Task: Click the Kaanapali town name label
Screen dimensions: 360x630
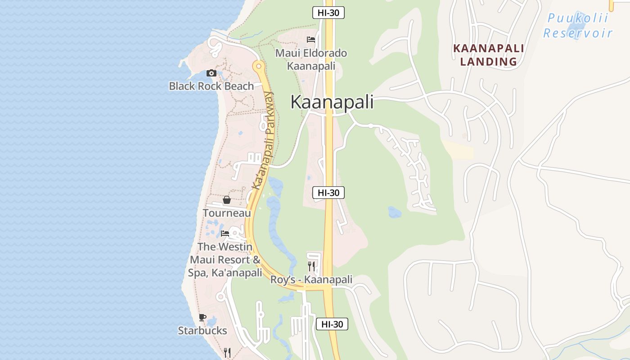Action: click(332, 102)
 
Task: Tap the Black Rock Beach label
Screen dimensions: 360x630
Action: click(211, 86)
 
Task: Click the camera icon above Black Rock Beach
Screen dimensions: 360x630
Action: click(211, 73)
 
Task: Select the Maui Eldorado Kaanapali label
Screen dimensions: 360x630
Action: click(311, 59)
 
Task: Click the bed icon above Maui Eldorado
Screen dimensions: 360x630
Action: click(311, 40)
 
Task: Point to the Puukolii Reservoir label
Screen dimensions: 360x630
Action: click(578, 26)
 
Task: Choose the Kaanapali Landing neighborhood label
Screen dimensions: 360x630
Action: click(488, 55)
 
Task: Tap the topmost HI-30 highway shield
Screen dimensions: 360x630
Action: click(328, 13)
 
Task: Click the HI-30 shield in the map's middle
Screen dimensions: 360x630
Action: click(328, 193)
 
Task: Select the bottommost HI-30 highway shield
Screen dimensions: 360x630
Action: click(332, 324)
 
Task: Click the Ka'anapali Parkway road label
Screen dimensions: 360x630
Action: click(264, 140)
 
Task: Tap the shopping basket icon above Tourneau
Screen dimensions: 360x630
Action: click(227, 200)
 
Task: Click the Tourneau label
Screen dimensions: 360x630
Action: click(227, 213)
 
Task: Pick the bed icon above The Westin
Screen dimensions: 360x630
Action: click(225, 233)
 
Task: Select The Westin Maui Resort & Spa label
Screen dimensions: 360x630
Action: click(225, 260)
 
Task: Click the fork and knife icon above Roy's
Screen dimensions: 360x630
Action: click(311, 266)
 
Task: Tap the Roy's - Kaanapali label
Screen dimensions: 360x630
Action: click(311, 279)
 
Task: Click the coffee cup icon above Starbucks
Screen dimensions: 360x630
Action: click(202, 318)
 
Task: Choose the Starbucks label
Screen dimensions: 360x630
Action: click(202, 331)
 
